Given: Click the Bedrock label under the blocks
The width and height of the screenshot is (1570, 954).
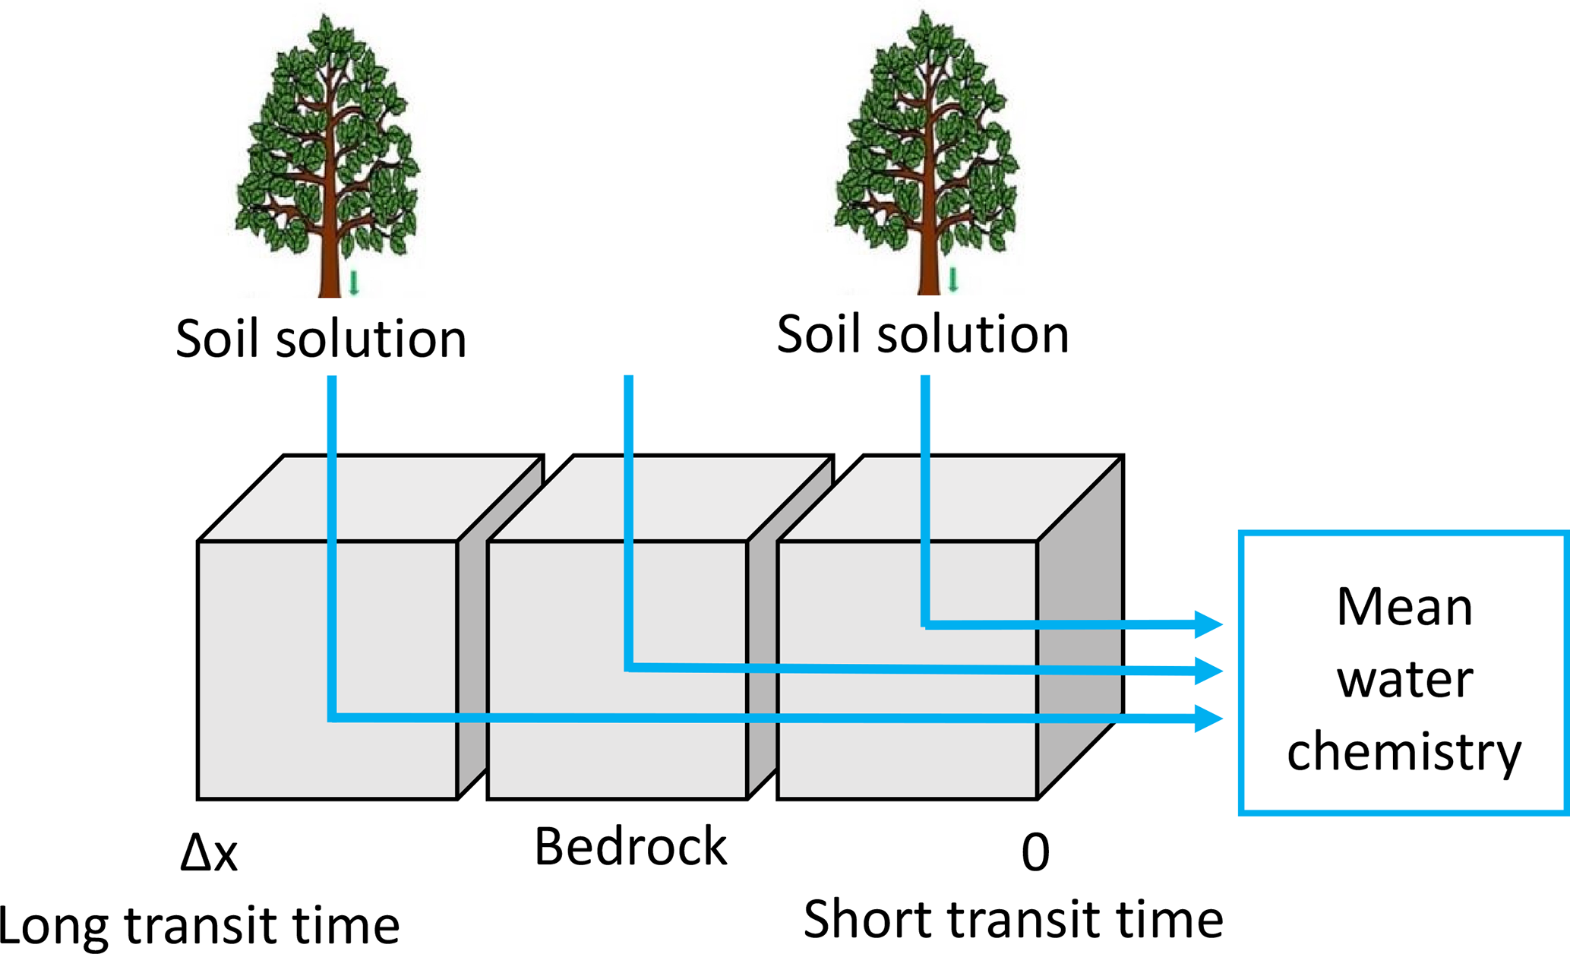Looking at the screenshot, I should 630,846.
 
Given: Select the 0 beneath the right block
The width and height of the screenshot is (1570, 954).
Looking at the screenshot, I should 1035,853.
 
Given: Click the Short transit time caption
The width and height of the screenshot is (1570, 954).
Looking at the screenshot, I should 1013,920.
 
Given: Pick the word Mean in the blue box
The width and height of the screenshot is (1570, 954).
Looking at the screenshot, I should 1404,607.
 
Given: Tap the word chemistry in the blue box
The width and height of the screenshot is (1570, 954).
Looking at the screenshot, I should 1404,752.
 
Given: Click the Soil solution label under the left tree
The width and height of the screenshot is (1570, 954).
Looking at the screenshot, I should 321,339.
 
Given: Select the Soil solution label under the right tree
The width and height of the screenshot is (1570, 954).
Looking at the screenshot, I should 923,334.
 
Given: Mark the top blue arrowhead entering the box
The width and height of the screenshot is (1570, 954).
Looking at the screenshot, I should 1208,624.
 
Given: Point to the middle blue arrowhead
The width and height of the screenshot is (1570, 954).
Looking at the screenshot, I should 1208,671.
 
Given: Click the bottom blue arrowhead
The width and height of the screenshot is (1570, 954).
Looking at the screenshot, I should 1208,718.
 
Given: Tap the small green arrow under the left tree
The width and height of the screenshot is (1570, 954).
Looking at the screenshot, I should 354,283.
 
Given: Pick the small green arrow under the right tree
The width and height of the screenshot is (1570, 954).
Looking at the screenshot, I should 953,280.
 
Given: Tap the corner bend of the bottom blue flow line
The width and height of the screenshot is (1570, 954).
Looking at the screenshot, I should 333,717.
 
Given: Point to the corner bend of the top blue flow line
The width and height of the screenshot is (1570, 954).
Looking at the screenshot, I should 925,624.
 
